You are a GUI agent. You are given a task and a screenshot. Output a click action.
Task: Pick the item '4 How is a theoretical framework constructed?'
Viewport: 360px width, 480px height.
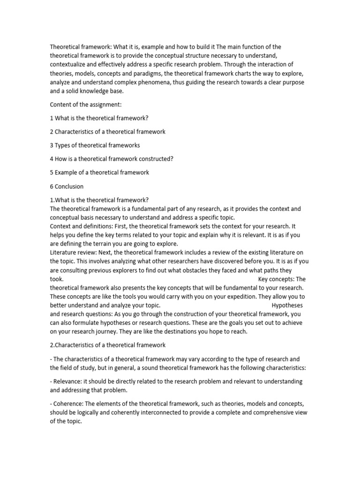pyautogui.click(x=112, y=159)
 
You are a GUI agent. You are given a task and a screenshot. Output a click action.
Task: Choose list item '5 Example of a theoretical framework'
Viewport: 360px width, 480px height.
pyautogui.click(x=99, y=172)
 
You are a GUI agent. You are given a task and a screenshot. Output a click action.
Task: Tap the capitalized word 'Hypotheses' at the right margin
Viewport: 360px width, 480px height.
pyautogui.click(x=287, y=305)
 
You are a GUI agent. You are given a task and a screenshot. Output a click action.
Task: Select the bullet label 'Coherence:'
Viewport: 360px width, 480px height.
pyautogui.click(x=70, y=404)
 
